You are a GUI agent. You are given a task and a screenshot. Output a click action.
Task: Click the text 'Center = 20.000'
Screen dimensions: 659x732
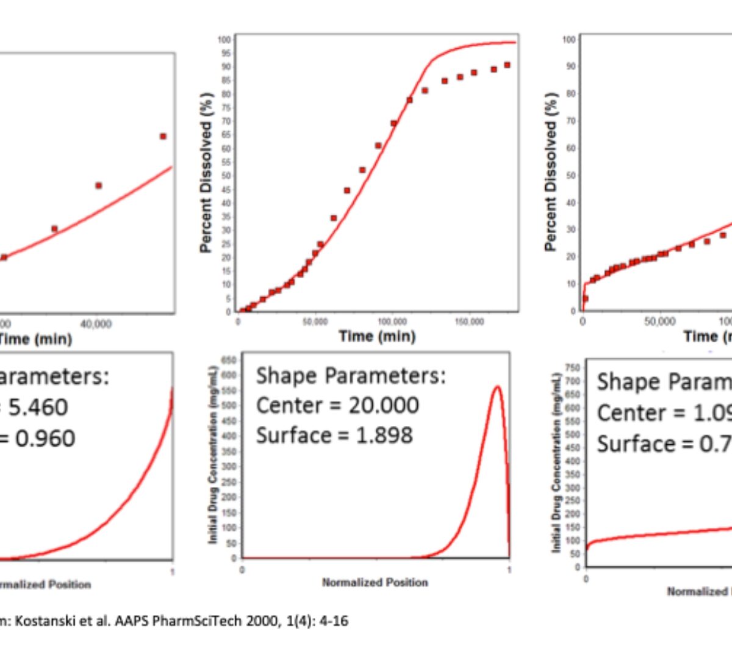point(337,405)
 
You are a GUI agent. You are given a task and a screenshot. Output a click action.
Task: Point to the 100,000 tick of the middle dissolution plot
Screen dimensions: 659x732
point(392,322)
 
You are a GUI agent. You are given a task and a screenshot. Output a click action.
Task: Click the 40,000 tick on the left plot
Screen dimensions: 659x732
point(96,323)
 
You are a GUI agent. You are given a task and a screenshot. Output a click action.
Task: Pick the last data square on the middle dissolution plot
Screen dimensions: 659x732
point(507,65)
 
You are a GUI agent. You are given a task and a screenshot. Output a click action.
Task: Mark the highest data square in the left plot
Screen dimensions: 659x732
point(163,136)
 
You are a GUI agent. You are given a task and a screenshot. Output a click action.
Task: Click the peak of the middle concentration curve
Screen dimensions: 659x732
point(497,386)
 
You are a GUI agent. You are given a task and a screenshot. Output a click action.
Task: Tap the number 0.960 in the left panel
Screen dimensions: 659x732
point(45,438)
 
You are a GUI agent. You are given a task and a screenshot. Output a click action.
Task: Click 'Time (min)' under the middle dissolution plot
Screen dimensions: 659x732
point(377,336)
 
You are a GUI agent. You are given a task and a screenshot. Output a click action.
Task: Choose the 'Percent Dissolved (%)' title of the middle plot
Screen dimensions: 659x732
point(206,173)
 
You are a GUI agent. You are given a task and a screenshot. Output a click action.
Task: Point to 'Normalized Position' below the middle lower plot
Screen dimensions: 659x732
point(375,583)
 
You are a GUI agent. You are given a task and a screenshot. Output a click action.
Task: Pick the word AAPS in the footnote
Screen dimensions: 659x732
point(129,621)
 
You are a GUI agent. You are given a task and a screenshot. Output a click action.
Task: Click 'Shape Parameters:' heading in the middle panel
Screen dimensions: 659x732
point(351,376)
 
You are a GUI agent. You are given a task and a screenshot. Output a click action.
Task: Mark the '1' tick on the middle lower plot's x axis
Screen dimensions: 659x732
point(509,570)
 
